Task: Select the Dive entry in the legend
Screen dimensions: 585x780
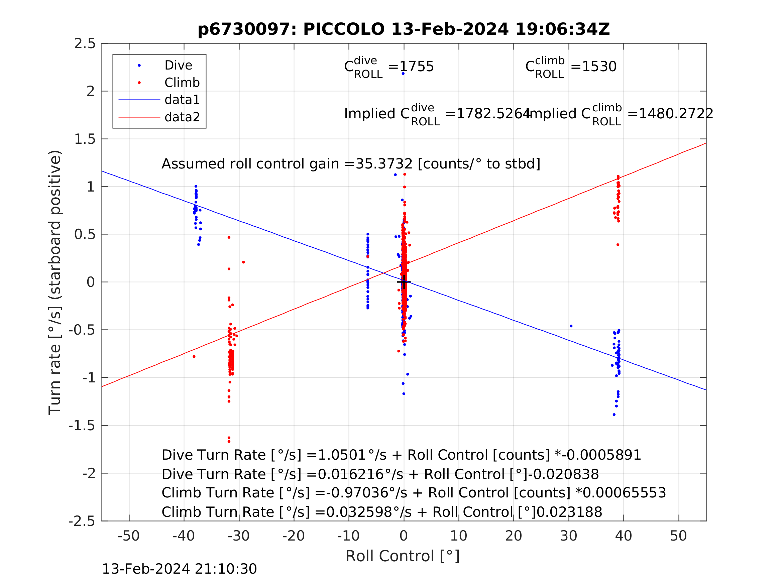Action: (178, 65)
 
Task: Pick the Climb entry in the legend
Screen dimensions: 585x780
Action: (182, 83)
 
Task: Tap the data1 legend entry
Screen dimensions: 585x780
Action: (182, 100)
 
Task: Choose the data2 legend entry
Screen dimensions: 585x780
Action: (182, 117)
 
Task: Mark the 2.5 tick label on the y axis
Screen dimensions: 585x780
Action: (85, 43)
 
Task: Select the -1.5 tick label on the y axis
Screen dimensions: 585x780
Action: (82, 426)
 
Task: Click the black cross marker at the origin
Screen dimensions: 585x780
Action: (404, 282)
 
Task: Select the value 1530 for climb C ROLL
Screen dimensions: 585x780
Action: (599, 66)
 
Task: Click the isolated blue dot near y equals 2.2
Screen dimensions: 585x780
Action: (403, 74)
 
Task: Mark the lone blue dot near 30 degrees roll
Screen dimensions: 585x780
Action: (571, 326)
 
